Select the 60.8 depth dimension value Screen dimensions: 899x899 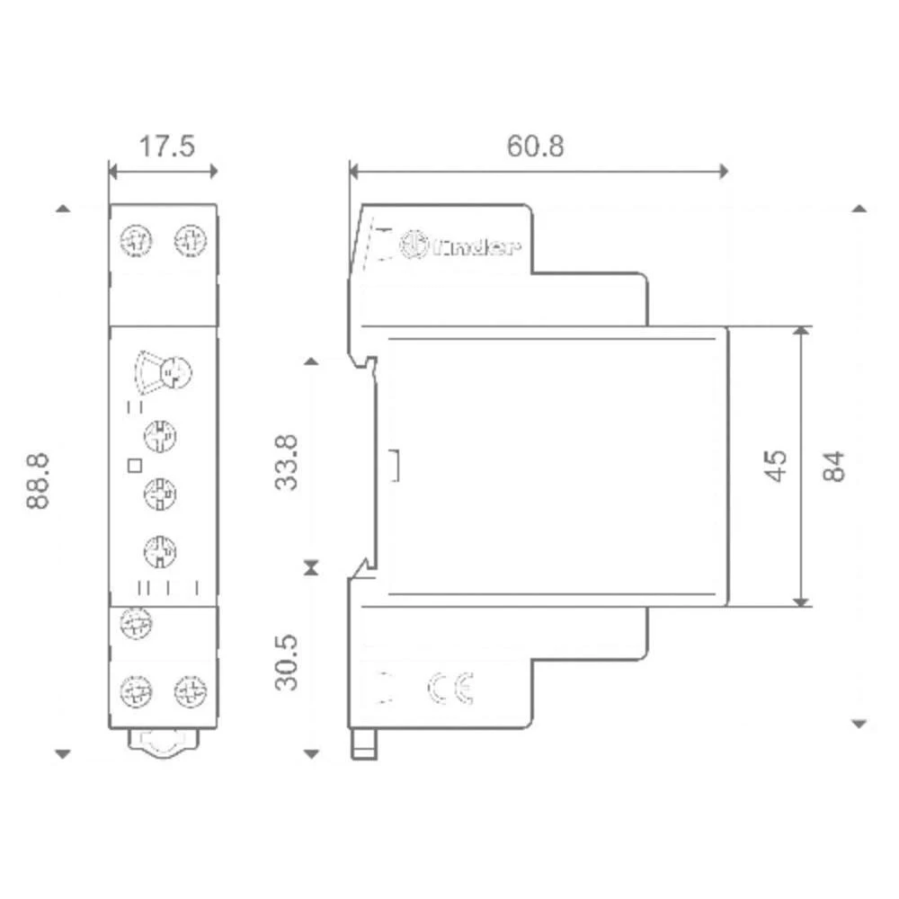click(536, 146)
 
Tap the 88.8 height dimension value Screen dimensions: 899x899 click(38, 482)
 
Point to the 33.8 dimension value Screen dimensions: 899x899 click(287, 464)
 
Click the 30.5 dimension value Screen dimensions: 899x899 click(287, 663)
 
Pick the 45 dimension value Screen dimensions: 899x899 click(775, 466)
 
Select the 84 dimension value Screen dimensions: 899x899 click(835, 466)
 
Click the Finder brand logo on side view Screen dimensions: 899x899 click(459, 245)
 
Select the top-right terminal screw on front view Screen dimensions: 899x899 click(189, 240)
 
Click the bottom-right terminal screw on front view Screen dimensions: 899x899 click(189, 691)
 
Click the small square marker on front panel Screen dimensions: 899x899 click(135, 465)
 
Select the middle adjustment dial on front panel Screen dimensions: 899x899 click(160, 493)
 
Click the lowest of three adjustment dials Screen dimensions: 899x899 click(160, 549)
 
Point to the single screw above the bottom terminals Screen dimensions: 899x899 click(135, 621)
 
